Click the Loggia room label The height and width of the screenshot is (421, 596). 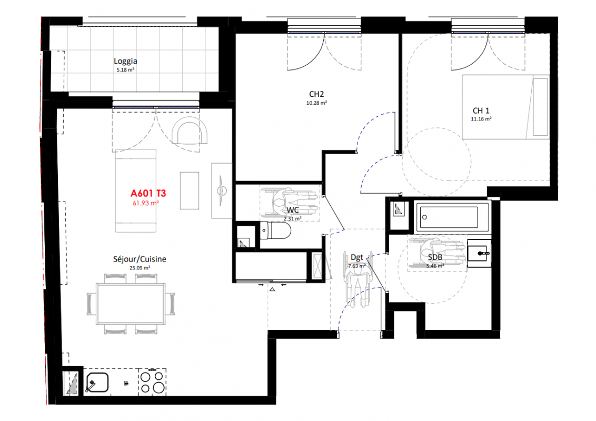click(125, 61)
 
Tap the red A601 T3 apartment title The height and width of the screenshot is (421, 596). click(148, 194)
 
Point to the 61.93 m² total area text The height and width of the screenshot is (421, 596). click(146, 203)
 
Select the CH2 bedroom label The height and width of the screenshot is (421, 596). click(316, 94)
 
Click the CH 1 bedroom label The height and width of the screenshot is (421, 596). click(481, 111)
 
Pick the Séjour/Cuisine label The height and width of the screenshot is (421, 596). click(140, 259)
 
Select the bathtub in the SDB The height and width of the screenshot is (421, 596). click(452, 217)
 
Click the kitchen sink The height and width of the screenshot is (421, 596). click(97, 382)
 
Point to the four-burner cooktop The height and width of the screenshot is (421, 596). click(152, 382)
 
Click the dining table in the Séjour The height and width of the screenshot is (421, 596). click(131, 304)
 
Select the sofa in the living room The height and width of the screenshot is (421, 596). click(136, 191)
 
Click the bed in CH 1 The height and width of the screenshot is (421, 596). click(505, 107)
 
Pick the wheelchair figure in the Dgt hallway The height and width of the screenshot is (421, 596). click(357, 280)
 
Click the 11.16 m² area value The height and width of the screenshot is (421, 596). click(481, 119)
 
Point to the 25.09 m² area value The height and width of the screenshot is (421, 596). click(140, 268)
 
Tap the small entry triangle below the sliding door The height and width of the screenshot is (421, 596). click(272, 289)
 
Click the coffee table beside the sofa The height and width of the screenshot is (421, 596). click(190, 191)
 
